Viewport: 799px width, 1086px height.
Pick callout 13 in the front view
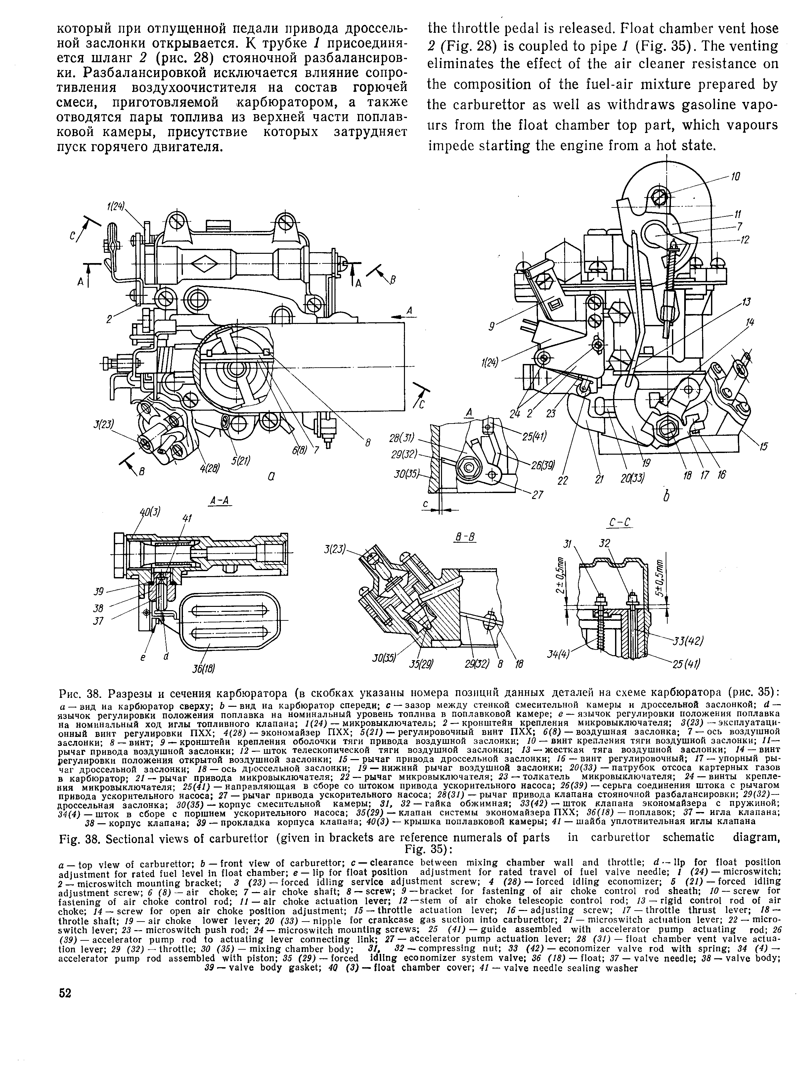[746, 302]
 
